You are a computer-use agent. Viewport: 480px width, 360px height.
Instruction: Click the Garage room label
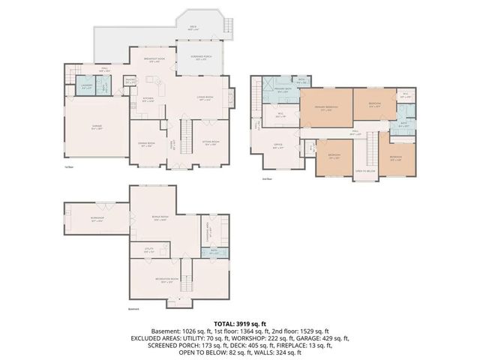tap(97, 129)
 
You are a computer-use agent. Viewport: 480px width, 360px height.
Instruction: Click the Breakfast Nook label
tap(157, 61)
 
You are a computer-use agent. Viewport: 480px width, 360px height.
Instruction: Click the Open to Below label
tap(365, 171)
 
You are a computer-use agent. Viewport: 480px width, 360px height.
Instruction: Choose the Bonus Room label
tap(160, 219)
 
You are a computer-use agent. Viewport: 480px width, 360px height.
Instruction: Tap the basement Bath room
tap(214, 253)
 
